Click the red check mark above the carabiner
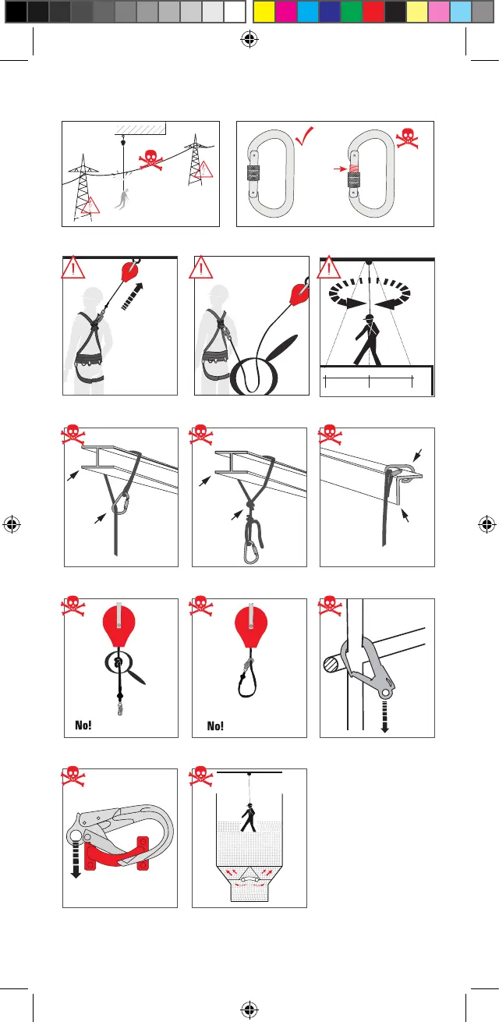point(304,136)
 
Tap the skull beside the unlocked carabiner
point(407,138)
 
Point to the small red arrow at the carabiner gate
point(340,169)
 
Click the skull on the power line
point(151,160)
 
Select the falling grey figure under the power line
point(122,199)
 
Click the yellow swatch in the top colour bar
point(264,12)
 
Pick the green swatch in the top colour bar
point(352,12)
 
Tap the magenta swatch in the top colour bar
point(286,12)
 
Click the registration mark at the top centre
point(249,39)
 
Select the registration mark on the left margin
point(12,524)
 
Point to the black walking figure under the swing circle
point(368,340)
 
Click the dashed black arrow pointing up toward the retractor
point(133,296)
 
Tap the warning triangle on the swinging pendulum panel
point(329,268)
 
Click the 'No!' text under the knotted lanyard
point(83,725)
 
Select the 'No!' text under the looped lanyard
point(215,726)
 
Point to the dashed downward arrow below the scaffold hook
point(385,717)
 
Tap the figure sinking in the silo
point(249,817)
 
